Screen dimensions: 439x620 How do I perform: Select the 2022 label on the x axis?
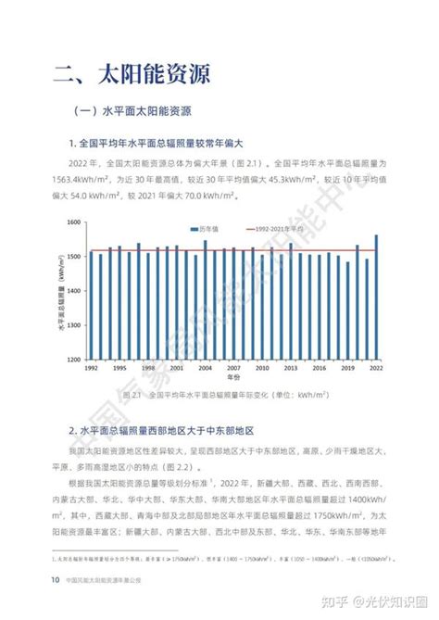(x=376, y=369)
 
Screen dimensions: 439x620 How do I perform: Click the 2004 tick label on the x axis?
(x=205, y=369)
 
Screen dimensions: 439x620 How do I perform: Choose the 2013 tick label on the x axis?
(x=290, y=369)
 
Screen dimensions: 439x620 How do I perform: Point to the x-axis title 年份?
(x=232, y=380)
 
